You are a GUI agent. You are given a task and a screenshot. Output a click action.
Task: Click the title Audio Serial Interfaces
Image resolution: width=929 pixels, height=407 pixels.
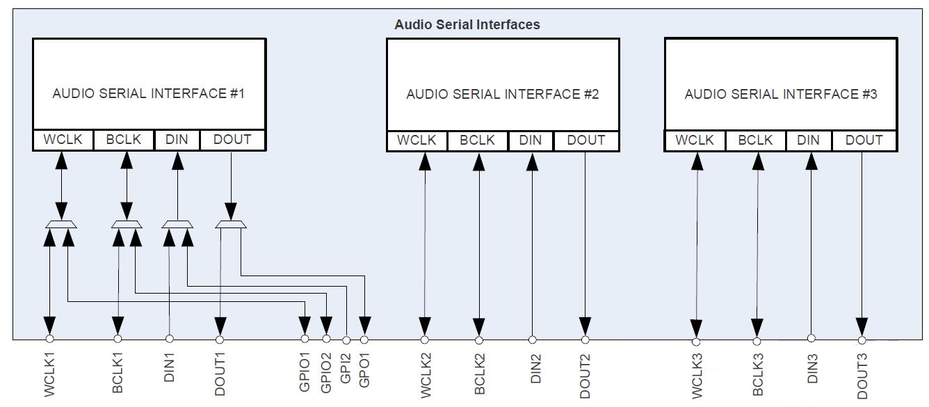[467, 24]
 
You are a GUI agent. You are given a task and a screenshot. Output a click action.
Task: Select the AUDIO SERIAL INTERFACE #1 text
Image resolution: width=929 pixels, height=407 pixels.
[148, 93]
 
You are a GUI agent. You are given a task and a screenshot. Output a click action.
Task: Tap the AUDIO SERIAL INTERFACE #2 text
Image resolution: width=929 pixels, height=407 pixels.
[502, 94]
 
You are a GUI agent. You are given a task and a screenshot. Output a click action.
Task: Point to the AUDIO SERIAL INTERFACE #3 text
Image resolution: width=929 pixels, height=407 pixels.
[780, 94]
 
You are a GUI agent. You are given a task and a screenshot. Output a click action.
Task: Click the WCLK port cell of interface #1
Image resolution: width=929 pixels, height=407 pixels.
[63, 140]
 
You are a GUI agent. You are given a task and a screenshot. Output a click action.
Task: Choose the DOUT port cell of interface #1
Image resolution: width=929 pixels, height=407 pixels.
[232, 140]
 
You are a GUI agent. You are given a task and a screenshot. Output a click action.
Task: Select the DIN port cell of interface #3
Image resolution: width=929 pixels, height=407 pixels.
[808, 141]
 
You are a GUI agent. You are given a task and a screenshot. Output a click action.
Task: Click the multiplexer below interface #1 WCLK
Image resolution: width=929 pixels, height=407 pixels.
[60, 224]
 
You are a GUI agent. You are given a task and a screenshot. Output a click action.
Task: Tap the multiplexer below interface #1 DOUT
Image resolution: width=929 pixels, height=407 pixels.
[230, 224]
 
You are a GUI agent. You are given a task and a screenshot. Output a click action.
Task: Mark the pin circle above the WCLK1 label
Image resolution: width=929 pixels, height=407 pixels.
[49, 339]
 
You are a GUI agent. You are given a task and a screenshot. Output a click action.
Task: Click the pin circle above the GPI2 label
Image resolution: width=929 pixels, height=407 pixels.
[346, 340]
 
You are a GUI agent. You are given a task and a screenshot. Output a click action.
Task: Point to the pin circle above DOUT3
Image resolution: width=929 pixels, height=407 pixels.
[862, 340]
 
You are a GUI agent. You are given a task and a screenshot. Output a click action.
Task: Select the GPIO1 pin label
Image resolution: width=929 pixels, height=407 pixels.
[305, 372]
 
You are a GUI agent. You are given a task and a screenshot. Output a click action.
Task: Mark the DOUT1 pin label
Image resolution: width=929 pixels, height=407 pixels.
[220, 374]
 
